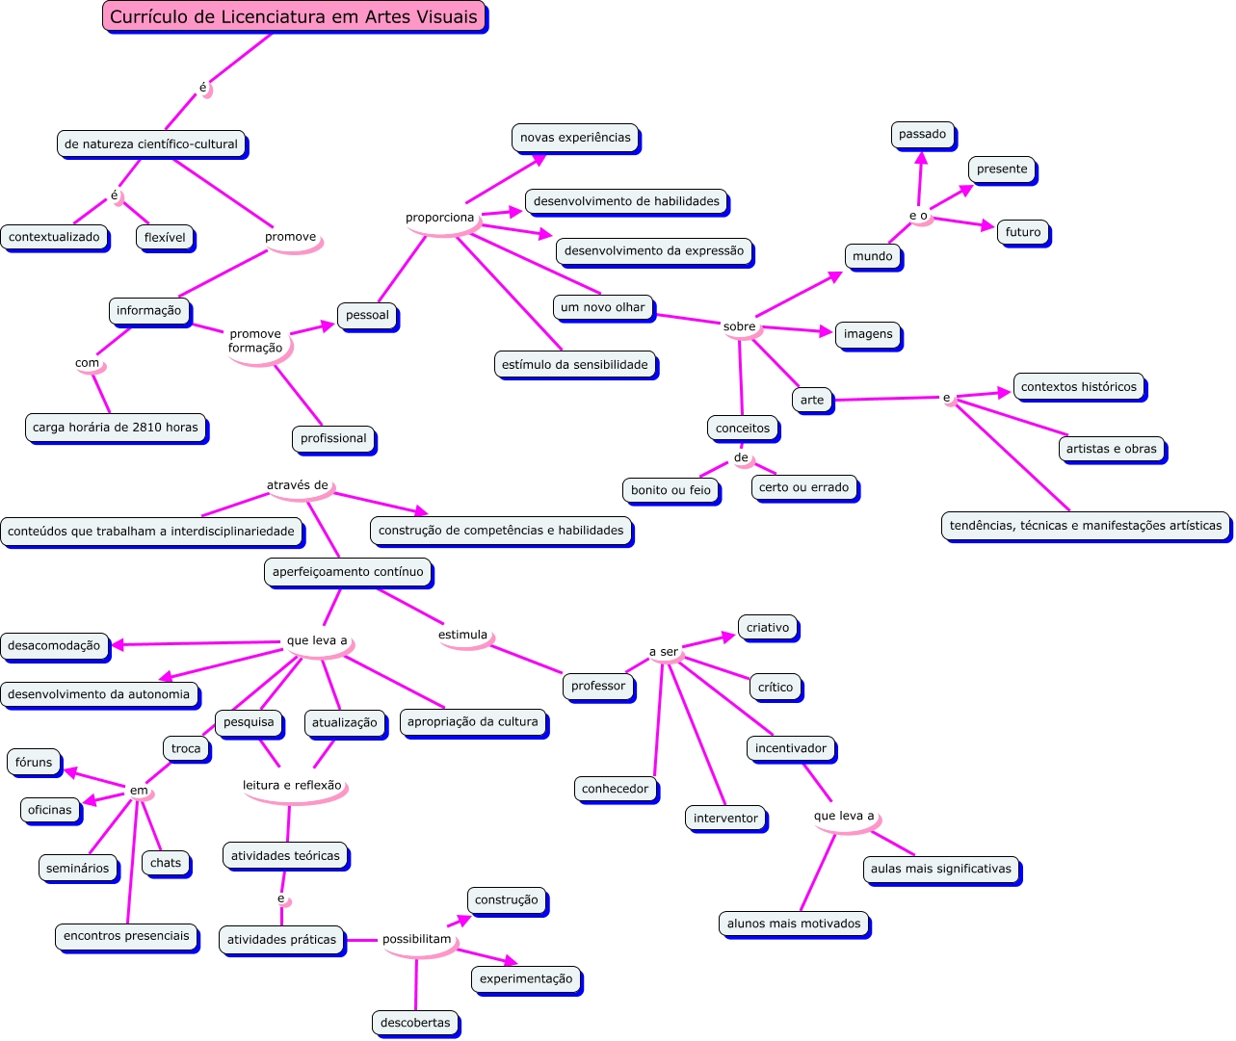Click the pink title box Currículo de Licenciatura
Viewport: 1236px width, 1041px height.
294,16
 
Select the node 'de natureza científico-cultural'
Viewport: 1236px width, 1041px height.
151,144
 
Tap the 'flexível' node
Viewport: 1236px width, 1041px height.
165,237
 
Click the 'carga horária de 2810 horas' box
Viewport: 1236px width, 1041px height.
116,428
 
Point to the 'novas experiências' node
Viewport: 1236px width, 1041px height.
575,138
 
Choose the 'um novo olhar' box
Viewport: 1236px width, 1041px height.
603,307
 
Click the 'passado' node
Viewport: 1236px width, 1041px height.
922,134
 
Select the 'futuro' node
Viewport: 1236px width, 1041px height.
1022,232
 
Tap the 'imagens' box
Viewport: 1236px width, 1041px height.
868,334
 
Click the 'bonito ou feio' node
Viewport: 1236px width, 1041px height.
671,490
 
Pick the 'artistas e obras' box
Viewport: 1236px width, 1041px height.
1111,449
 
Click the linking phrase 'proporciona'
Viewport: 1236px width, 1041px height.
439,218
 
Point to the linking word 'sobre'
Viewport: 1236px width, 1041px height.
739,326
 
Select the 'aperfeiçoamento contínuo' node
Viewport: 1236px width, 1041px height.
348,572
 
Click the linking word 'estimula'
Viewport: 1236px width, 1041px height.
462,635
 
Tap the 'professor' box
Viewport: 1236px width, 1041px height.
598,686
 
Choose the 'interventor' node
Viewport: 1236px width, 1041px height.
725,819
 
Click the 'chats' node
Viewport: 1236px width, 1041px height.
166,863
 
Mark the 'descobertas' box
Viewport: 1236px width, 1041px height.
415,1023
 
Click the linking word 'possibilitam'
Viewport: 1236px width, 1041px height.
416,939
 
